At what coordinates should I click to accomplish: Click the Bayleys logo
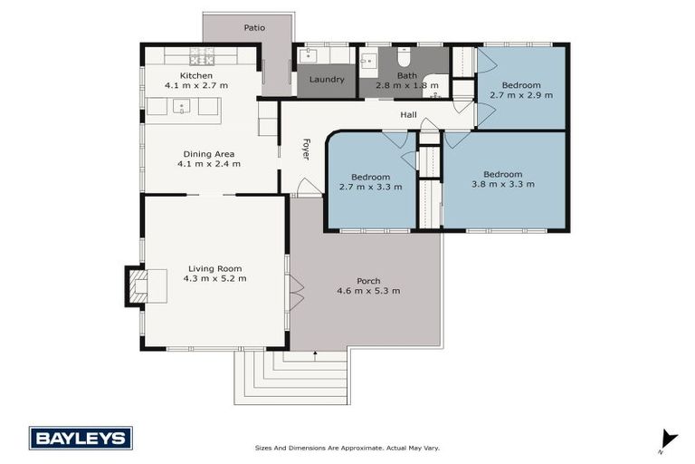(x=81, y=439)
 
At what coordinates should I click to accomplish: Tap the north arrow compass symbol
(x=668, y=439)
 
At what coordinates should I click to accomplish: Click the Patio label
(x=254, y=28)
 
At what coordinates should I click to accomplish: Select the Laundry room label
(x=327, y=80)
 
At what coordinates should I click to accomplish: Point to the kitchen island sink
(x=182, y=107)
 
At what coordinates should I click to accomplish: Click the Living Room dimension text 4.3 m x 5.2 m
(x=214, y=279)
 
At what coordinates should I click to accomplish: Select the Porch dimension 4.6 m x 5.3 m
(x=368, y=291)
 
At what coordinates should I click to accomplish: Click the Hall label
(x=408, y=115)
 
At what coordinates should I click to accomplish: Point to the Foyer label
(x=306, y=150)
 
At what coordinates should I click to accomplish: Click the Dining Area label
(x=209, y=154)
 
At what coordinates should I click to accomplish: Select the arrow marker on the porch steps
(x=315, y=356)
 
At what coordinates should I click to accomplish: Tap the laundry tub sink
(x=308, y=56)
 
